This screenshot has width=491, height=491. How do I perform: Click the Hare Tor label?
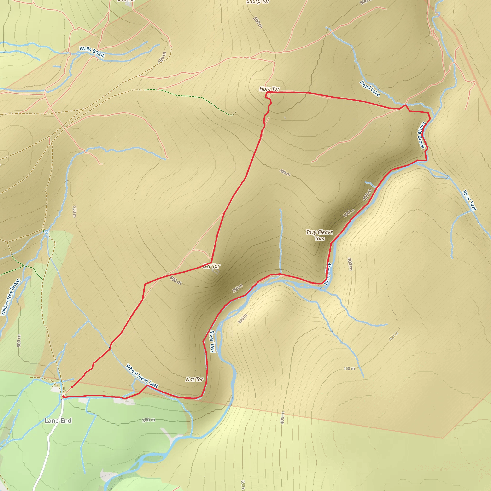pos(269,89)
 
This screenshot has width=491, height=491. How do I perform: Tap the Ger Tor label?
pos(211,266)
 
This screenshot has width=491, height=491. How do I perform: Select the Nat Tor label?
pos(194,380)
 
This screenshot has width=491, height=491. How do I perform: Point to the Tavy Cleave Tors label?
pos(319,235)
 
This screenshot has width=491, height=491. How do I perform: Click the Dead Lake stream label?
pos(370,88)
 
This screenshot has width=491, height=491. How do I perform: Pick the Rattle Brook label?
pos(422,135)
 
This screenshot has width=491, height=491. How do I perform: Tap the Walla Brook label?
pos(92,52)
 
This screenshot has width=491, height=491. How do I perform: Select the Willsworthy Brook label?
pos(11,297)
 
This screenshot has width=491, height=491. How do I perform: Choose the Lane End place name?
pos(58,421)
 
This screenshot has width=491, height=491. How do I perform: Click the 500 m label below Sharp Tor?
pos(258,22)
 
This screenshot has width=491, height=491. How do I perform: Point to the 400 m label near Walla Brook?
pos(162,58)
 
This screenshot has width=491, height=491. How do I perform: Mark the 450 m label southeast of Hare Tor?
pos(285,173)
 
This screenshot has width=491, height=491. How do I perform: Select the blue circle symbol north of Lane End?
pos(47,232)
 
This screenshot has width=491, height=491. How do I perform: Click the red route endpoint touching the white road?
pos(63,397)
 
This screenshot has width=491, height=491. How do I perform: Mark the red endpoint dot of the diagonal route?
pos(72,387)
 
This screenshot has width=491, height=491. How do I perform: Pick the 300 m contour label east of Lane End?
pos(149,420)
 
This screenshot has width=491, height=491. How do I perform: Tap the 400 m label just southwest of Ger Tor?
pos(175,280)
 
